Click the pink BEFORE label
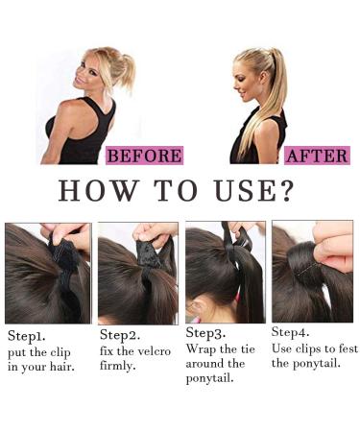[x=144, y=156]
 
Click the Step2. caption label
[x=121, y=337]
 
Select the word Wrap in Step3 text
[x=200, y=348]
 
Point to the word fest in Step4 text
[x=337, y=348]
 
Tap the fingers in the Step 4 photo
[x=331, y=250]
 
